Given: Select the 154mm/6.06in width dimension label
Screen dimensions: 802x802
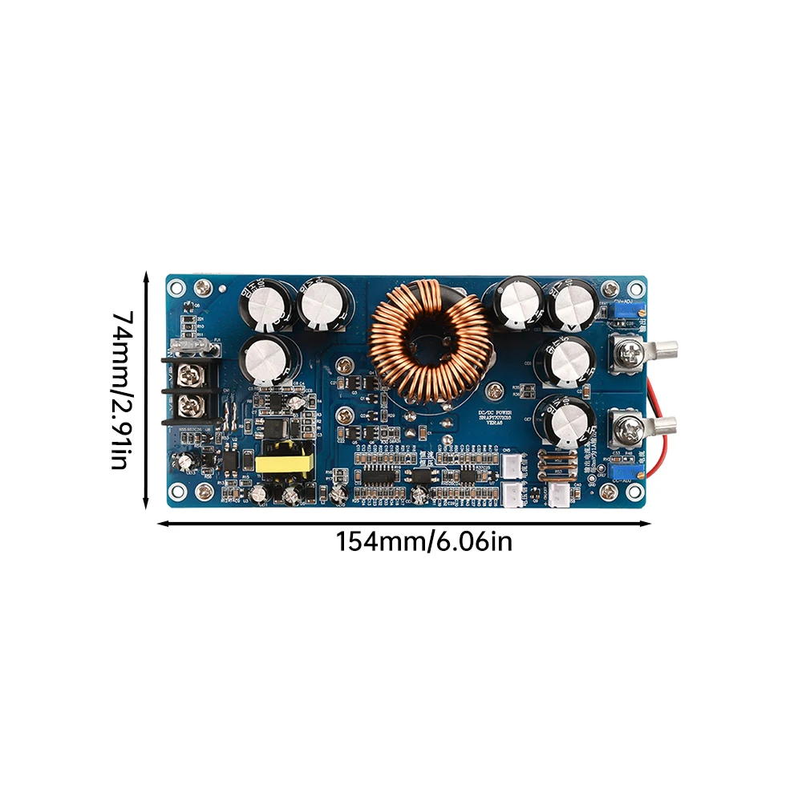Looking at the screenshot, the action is point(423,542).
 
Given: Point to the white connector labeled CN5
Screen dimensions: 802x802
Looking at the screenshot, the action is point(511,467).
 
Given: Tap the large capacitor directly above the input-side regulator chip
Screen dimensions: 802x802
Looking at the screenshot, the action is point(270,358).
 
